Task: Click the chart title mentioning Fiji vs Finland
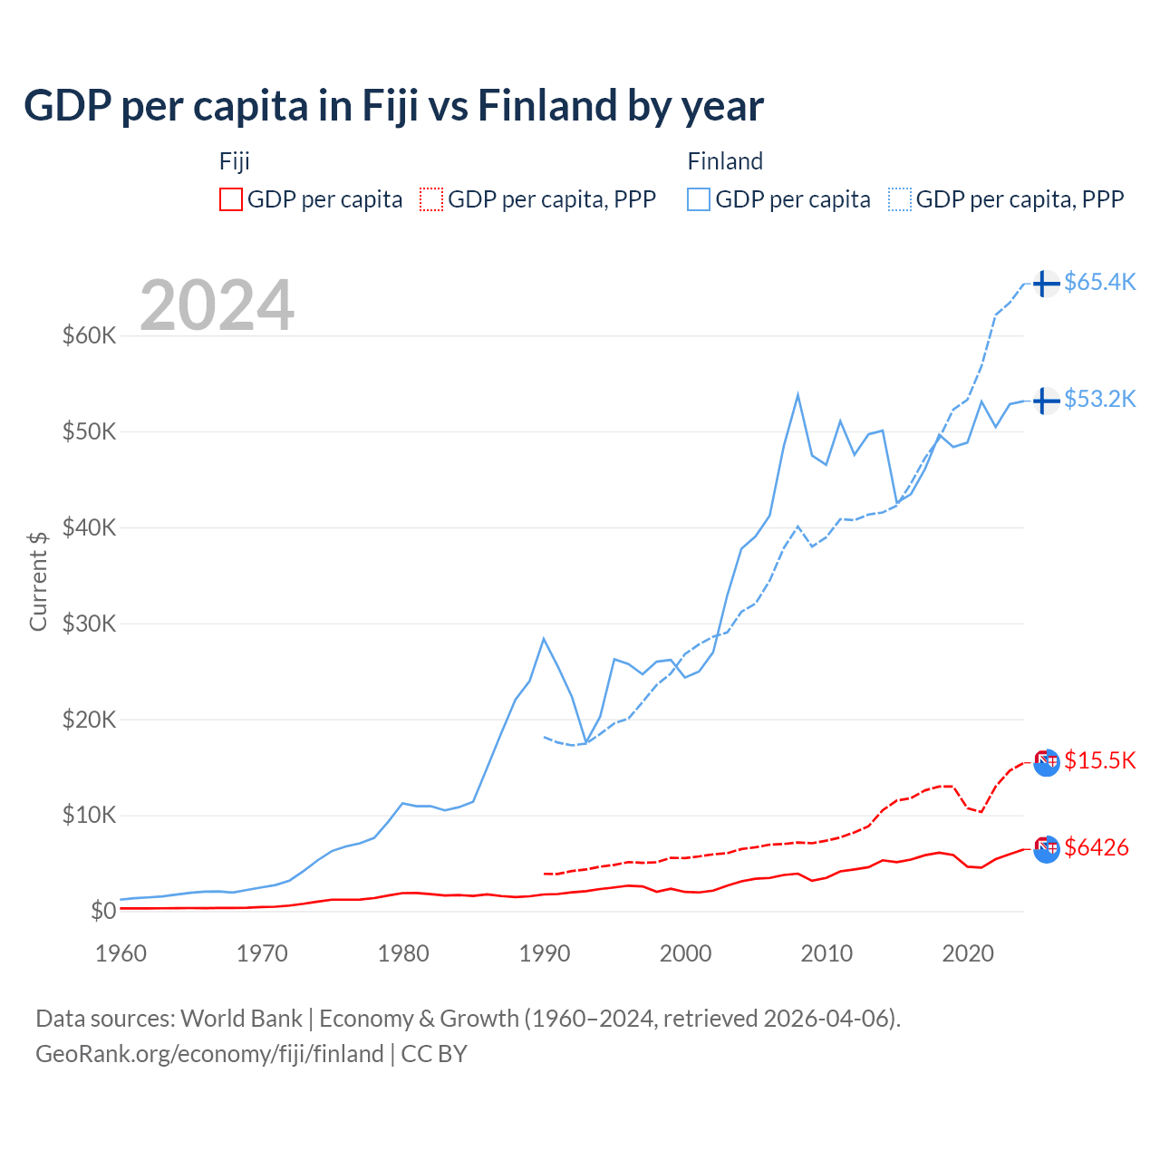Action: [393, 105]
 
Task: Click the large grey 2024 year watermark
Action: [217, 305]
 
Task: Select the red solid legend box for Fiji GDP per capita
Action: [231, 199]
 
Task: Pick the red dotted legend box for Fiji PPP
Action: [431, 199]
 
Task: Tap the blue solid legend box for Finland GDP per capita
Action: [699, 199]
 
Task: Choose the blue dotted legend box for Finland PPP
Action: [900, 199]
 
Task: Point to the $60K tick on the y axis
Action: [89, 335]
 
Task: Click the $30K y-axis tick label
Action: [89, 623]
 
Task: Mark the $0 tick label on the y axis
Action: [102, 911]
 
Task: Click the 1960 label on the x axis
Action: [121, 953]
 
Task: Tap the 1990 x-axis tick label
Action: [545, 953]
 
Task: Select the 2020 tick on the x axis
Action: [968, 953]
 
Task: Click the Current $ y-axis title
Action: [38, 581]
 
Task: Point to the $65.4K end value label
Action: [1099, 282]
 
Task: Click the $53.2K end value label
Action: [1099, 399]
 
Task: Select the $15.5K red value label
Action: [1099, 760]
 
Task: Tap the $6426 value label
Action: [1097, 847]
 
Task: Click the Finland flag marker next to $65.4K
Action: [1046, 283]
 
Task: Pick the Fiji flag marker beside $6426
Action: [1046, 849]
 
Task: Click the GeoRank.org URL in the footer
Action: [209, 1054]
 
